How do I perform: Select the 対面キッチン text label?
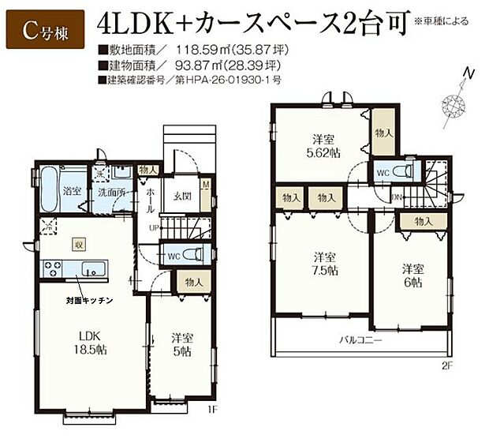(89, 302)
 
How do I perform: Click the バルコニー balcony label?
(360, 340)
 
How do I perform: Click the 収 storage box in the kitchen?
(79, 245)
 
